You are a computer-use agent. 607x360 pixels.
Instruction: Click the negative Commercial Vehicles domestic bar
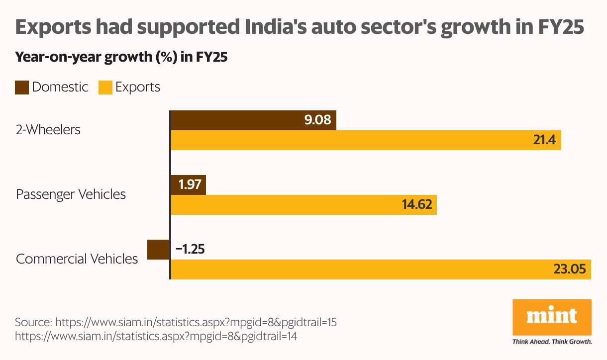159,249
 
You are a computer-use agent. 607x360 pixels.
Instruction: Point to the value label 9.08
318,120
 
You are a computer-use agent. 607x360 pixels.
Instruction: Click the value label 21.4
544,140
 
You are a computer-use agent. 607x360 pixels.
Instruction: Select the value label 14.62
416,205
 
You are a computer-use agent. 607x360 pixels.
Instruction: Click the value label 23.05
570,269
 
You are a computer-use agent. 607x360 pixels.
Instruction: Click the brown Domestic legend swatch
22,88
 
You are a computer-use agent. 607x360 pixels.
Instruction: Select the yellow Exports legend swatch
105,88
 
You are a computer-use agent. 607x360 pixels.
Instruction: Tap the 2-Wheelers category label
48,130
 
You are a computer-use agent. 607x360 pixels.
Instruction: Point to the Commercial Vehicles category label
77,259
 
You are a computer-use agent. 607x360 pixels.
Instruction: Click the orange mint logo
552,317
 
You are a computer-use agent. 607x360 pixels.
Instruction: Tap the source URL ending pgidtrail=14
156,336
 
